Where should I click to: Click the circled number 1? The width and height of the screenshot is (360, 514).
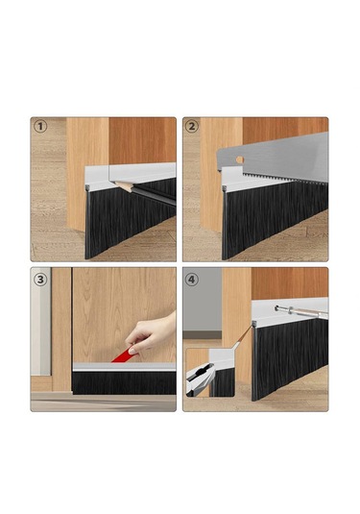coord(40,127)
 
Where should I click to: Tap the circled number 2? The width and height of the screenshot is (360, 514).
coord(192,127)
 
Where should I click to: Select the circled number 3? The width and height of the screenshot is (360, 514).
coord(40,280)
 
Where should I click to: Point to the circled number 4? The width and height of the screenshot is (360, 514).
coord(192,280)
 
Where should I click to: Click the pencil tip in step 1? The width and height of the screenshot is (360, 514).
coord(115,184)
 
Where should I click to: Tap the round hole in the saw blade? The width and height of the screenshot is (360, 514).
coord(240,160)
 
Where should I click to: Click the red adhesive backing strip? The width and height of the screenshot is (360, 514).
coord(122,355)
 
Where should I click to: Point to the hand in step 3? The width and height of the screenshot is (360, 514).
coord(152,332)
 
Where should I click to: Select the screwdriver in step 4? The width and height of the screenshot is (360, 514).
coord(301,311)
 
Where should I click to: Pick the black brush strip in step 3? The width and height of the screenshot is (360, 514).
coord(124,383)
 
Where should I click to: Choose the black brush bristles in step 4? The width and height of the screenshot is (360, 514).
coord(290,357)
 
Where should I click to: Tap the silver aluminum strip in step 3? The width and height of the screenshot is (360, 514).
coord(124,367)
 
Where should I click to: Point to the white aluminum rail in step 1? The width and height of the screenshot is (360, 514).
coord(131,177)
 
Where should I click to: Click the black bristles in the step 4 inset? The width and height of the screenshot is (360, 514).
coord(223,382)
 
